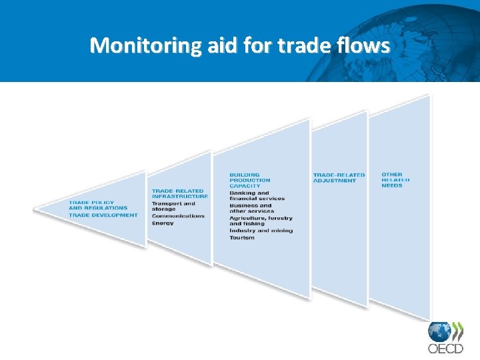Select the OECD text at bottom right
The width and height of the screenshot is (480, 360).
(445, 348)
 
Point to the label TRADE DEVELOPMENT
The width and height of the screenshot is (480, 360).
(103, 215)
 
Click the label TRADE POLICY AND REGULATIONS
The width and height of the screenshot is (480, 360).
(98, 205)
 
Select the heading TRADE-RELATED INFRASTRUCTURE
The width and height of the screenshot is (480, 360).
(179, 193)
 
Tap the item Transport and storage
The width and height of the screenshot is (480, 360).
(173, 206)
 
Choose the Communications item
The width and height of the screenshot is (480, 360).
(178, 216)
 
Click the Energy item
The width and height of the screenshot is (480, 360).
(163, 223)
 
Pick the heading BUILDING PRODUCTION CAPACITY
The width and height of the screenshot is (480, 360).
(250, 180)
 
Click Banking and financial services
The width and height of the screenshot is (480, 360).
(257, 195)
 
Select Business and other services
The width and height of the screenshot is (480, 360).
(251, 208)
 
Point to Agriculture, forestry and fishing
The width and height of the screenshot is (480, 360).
(261, 221)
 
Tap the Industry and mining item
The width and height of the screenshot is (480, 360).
(261, 231)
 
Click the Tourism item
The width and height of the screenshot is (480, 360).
(241, 237)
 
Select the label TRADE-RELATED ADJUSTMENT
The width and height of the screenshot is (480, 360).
(339, 177)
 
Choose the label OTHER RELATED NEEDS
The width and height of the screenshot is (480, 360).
(395, 180)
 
